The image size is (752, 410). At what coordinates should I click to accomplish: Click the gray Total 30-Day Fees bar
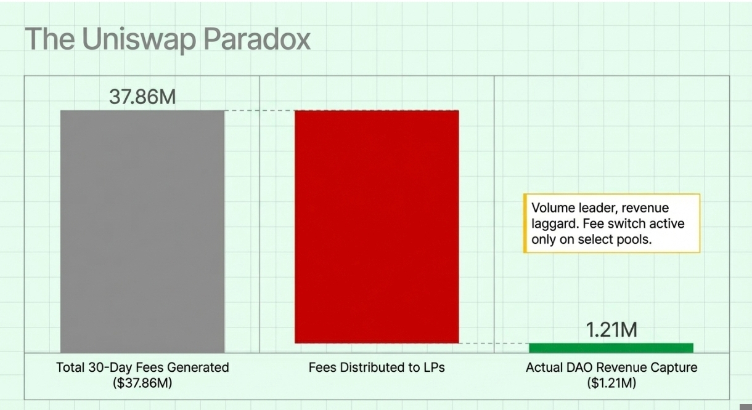(x=142, y=231)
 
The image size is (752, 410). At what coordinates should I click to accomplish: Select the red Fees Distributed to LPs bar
(x=377, y=227)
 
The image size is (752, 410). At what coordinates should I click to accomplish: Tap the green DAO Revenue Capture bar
(x=611, y=348)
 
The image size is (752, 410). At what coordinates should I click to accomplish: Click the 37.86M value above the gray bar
(x=142, y=97)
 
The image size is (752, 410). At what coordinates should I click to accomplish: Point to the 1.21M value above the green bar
(x=611, y=329)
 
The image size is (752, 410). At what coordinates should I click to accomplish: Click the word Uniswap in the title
(x=139, y=40)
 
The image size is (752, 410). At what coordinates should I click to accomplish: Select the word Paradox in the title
(x=257, y=39)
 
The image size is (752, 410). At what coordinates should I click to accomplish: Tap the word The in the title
(x=50, y=39)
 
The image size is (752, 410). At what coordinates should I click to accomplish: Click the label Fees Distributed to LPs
(x=377, y=368)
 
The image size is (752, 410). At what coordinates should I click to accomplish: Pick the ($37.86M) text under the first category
(x=142, y=382)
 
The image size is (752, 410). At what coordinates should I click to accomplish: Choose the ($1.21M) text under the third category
(x=611, y=382)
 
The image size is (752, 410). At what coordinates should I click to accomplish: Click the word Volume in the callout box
(x=552, y=208)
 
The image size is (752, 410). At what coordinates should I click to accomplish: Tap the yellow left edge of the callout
(x=525, y=223)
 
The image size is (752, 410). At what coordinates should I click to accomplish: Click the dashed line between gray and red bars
(x=260, y=110)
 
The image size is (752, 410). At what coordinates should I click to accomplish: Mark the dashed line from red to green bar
(x=494, y=344)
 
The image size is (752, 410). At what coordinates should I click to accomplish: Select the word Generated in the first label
(x=198, y=368)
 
